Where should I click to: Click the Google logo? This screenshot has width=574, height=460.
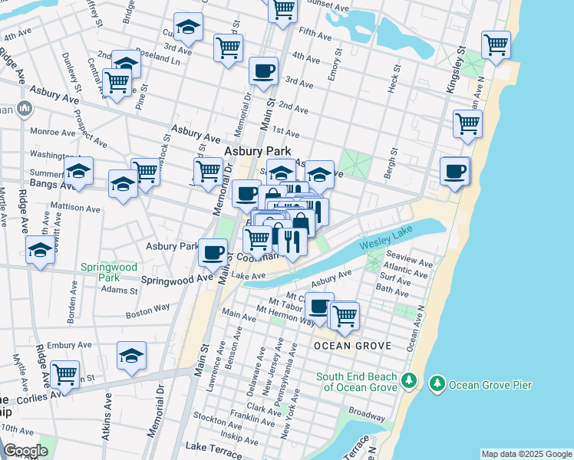[x=25, y=451]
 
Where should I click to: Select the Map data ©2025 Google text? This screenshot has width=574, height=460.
[x=526, y=454]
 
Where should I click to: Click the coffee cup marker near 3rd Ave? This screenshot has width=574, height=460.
[x=263, y=71]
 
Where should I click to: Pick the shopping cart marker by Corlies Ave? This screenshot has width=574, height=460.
[x=65, y=375]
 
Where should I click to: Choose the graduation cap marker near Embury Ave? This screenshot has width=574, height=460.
[x=132, y=356]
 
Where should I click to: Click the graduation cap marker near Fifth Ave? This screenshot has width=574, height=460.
[x=188, y=28]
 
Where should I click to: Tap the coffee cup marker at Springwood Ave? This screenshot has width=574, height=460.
[x=213, y=251]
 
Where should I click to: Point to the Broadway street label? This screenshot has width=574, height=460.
[x=366, y=412]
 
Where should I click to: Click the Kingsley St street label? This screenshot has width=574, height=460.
[x=457, y=71]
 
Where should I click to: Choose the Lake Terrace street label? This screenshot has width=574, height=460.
[x=224, y=447]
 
